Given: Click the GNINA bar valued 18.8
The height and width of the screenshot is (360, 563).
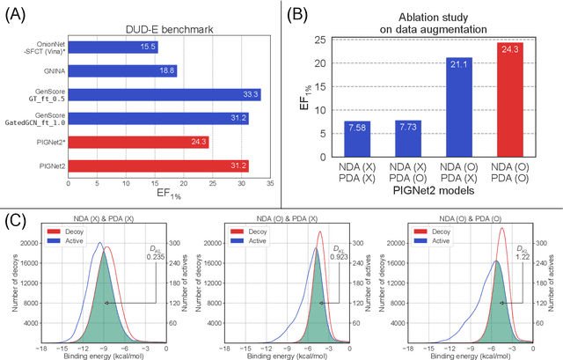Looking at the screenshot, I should point(122,70).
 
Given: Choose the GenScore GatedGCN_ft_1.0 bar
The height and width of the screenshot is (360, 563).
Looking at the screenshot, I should point(157,117).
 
